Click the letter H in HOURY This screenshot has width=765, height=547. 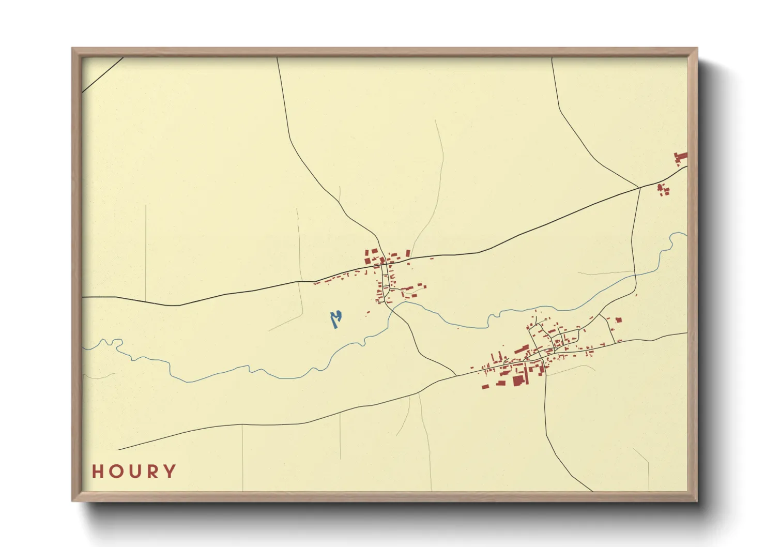(x=98, y=472)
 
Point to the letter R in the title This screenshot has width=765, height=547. (x=152, y=472)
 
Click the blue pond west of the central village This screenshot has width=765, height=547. (x=336, y=319)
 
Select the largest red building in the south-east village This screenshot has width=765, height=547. (x=518, y=381)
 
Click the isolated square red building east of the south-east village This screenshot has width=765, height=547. (x=619, y=320)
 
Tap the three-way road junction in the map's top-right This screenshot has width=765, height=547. (x=639, y=187)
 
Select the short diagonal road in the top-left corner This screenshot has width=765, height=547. (x=103, y=75)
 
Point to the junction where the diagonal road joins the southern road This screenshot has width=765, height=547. (x=456, y=376)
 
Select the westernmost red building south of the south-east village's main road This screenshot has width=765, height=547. (x=485, y=386)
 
